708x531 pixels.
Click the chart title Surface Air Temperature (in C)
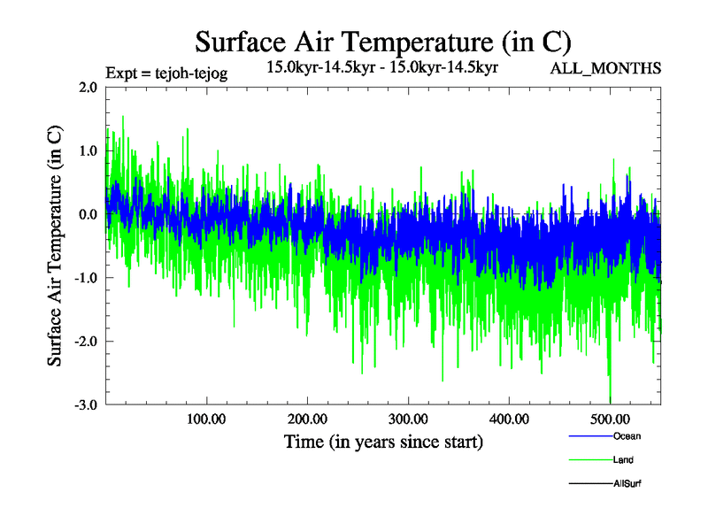382,42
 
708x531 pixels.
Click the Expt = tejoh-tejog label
166,73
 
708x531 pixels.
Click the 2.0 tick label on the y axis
88,87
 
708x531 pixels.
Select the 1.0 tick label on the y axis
88,150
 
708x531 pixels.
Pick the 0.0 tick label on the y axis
88,214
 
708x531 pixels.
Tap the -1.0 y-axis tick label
85,278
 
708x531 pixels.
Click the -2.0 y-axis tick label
85,342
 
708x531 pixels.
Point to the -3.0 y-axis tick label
85,405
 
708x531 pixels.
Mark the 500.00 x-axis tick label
610,419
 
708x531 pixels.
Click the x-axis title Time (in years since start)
383,442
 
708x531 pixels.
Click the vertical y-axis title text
55,246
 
